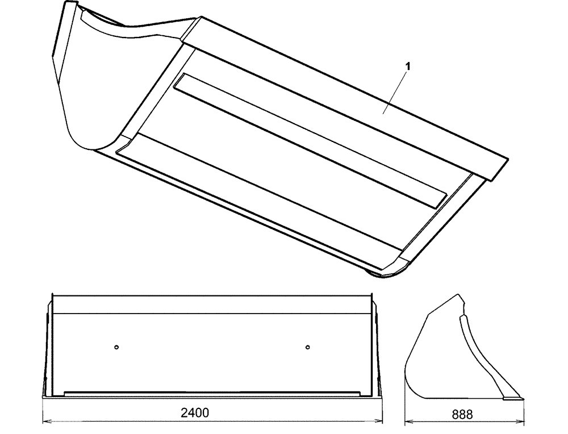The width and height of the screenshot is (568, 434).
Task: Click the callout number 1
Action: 407,66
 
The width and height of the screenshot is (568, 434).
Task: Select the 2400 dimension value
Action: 194,413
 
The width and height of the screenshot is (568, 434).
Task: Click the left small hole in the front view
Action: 116,347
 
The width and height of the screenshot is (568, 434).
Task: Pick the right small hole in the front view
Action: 307,347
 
